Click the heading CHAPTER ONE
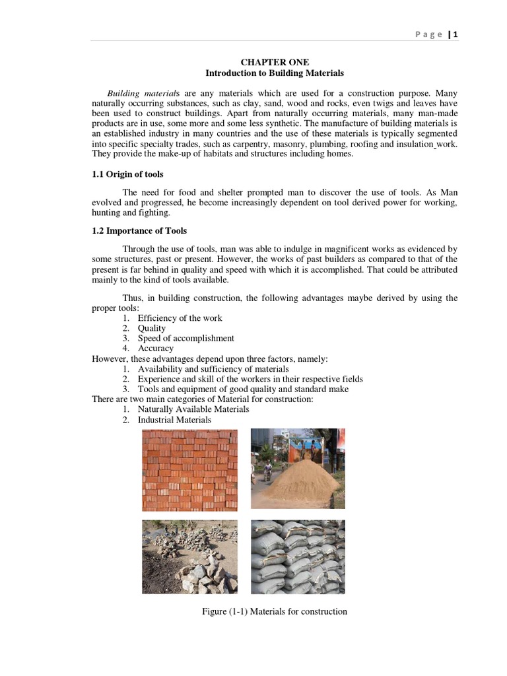[274, 62]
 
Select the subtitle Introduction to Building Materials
[274, 73]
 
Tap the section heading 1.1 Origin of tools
[127, 174]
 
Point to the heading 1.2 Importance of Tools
[139, 230]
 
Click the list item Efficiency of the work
[180, 318]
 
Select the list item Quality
[152, 328]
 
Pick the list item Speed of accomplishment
[186, 338]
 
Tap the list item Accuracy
[156, 348]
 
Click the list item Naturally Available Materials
[193, 409]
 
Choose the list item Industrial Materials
[174, 420]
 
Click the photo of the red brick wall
[189, 469]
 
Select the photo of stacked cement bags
[298, 557]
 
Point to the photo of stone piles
[189, 557]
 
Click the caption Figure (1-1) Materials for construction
[274, 611]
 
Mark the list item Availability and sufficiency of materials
[213, 369]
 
